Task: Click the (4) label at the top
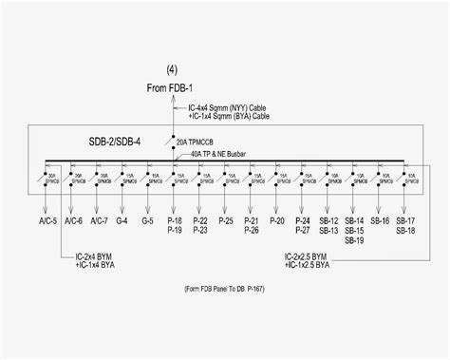(x=171, y=69)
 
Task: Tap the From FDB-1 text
(x=170, y=88)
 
